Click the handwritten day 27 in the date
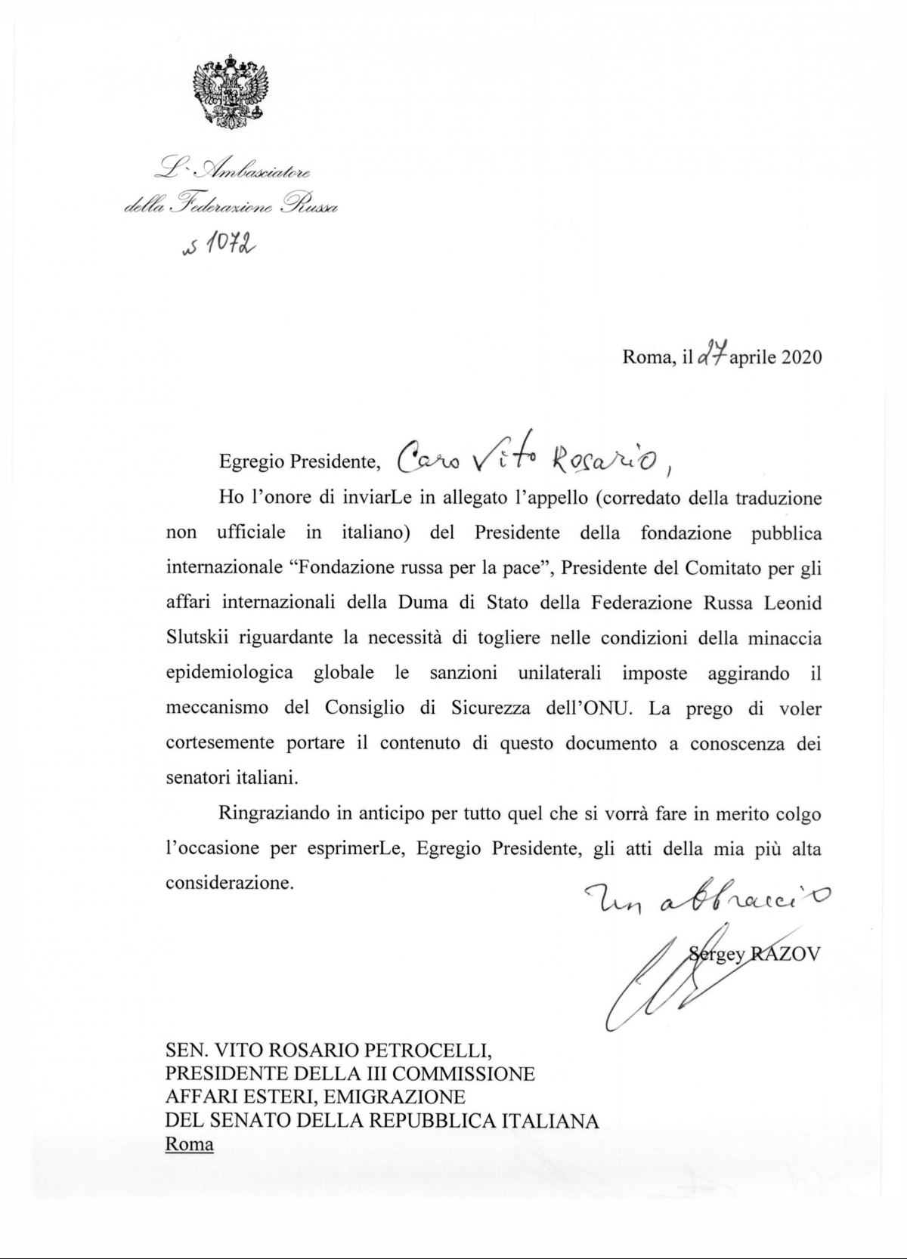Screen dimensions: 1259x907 click(x=712, y=356)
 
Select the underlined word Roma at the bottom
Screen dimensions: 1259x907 click(x=190, y=1144)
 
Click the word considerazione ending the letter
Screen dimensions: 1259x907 click(x=228, y=883)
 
